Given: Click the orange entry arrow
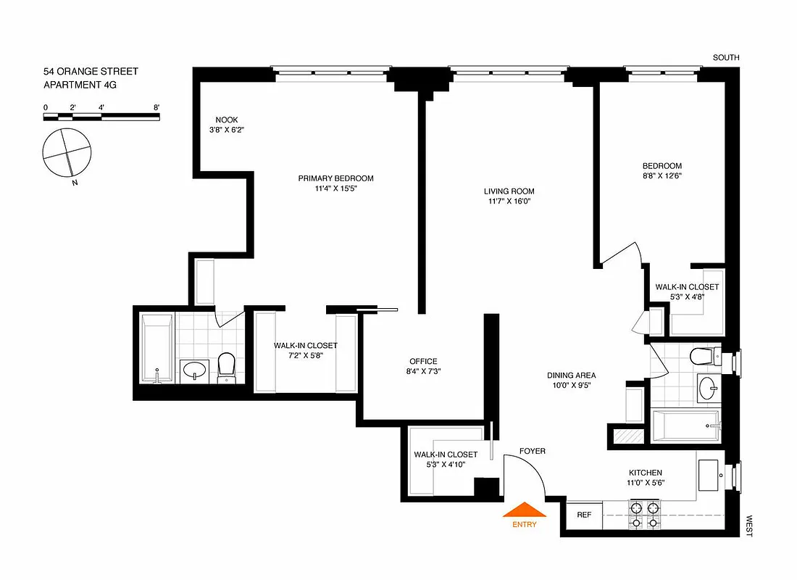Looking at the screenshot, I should (x=524, y=510).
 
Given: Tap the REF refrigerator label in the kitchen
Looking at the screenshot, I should (x=584, y=515).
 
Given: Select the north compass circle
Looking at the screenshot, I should (x=67, y=154).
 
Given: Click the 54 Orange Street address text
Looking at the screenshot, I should (x=91, y=72).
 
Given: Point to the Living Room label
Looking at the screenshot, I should (x=509, y=191).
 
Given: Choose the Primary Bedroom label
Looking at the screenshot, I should (x=335, y=178).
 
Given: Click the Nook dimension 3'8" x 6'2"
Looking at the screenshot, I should (x=226, y=130).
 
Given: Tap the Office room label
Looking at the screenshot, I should (x=423, y=361).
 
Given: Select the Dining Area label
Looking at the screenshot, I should (x=571, y=376).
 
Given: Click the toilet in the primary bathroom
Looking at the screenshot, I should (x=227, y=367).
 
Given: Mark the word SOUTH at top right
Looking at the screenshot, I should (x=726, y=58).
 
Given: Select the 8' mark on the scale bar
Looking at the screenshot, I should (x=157, y=107).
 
